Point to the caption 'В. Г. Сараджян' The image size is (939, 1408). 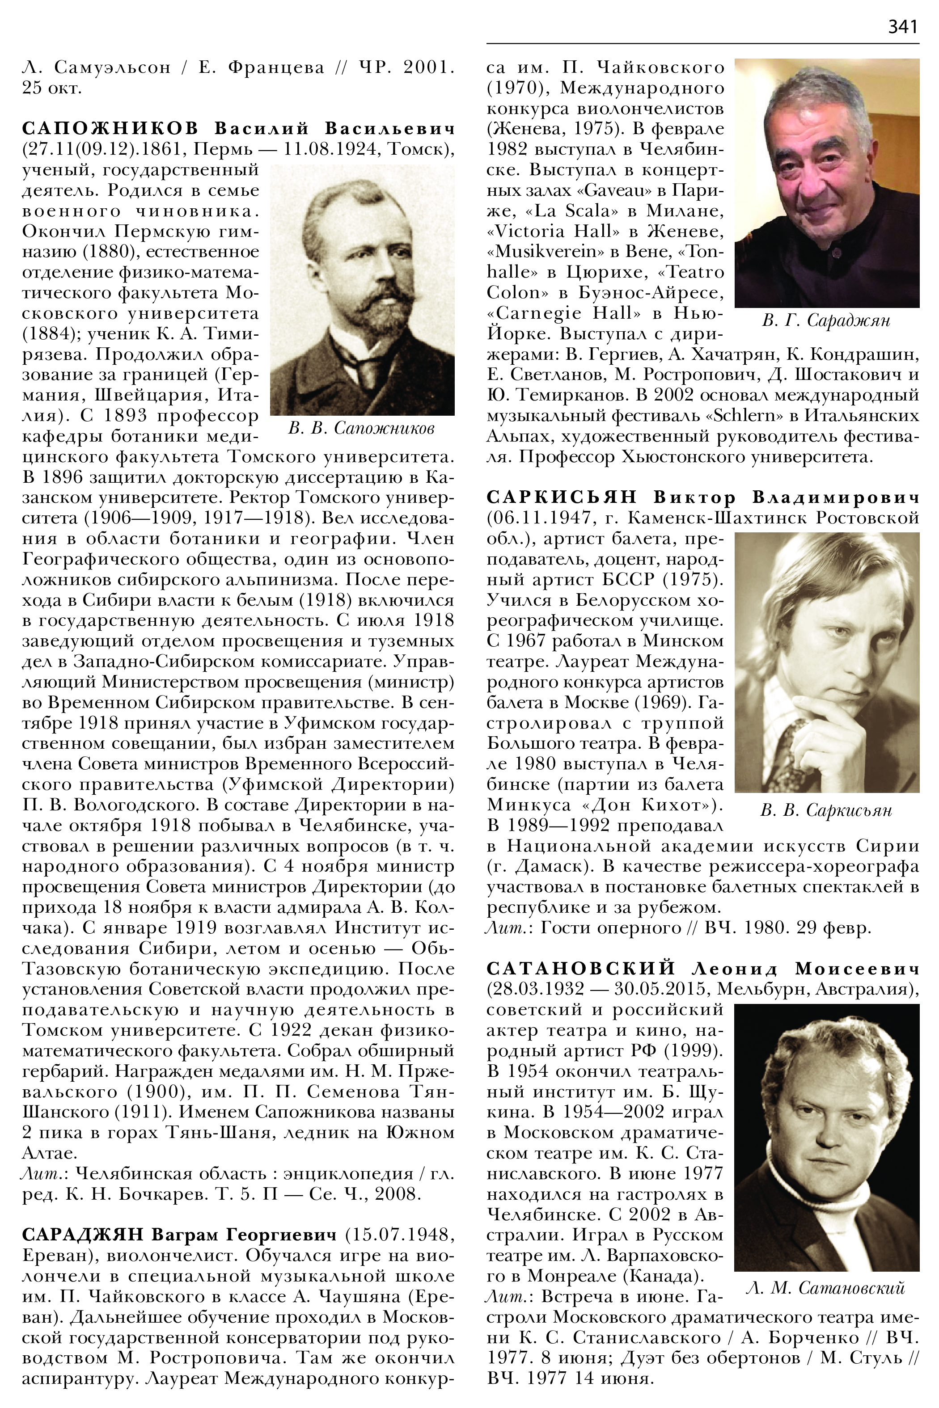click(x=826, y=321)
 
